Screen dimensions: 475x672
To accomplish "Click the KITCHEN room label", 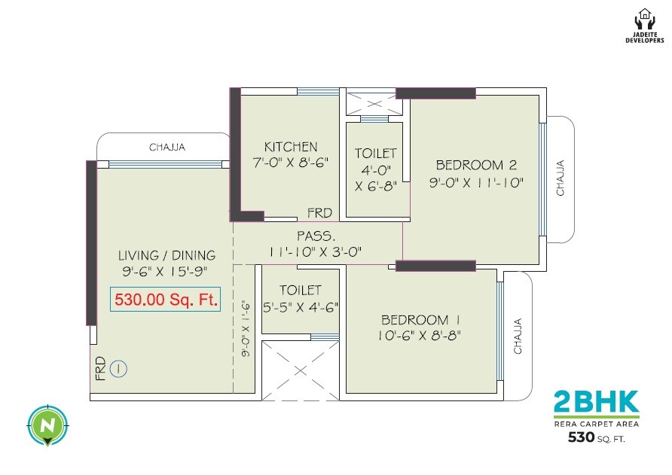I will tap(291, 147).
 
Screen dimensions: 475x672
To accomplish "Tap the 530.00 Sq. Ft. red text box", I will tap(166, 300).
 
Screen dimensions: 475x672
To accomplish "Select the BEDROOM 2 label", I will tap(475, 165).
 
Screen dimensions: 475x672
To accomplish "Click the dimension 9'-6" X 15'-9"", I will tap(166, 271).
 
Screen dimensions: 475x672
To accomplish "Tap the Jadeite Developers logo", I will tap(646, 26).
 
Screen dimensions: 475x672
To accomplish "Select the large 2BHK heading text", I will tap(596, 401).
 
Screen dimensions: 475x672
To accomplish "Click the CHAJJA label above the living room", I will tap(166, 148).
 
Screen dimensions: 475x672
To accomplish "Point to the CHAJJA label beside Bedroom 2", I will tap(561, 178).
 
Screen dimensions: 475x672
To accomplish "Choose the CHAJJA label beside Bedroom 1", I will tap(518, 336).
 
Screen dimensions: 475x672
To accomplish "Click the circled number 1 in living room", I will tap(119, 369).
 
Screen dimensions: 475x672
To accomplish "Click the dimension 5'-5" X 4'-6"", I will tap(301, 306).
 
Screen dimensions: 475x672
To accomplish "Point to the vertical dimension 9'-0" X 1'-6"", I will tap(245, 327).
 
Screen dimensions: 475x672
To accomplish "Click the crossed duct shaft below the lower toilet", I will tap(300, 370).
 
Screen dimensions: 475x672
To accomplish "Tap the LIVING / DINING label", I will tap(166, 255).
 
